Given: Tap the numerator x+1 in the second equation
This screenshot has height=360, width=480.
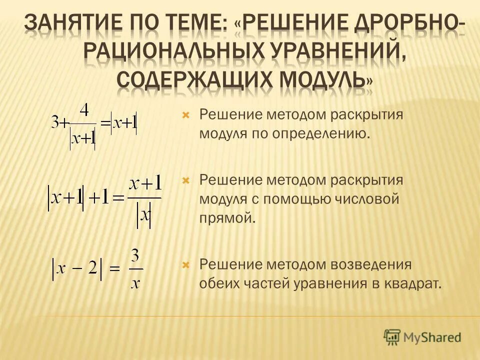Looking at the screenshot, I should point(145,185).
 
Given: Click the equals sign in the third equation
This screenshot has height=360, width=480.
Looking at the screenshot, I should point(114,268).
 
